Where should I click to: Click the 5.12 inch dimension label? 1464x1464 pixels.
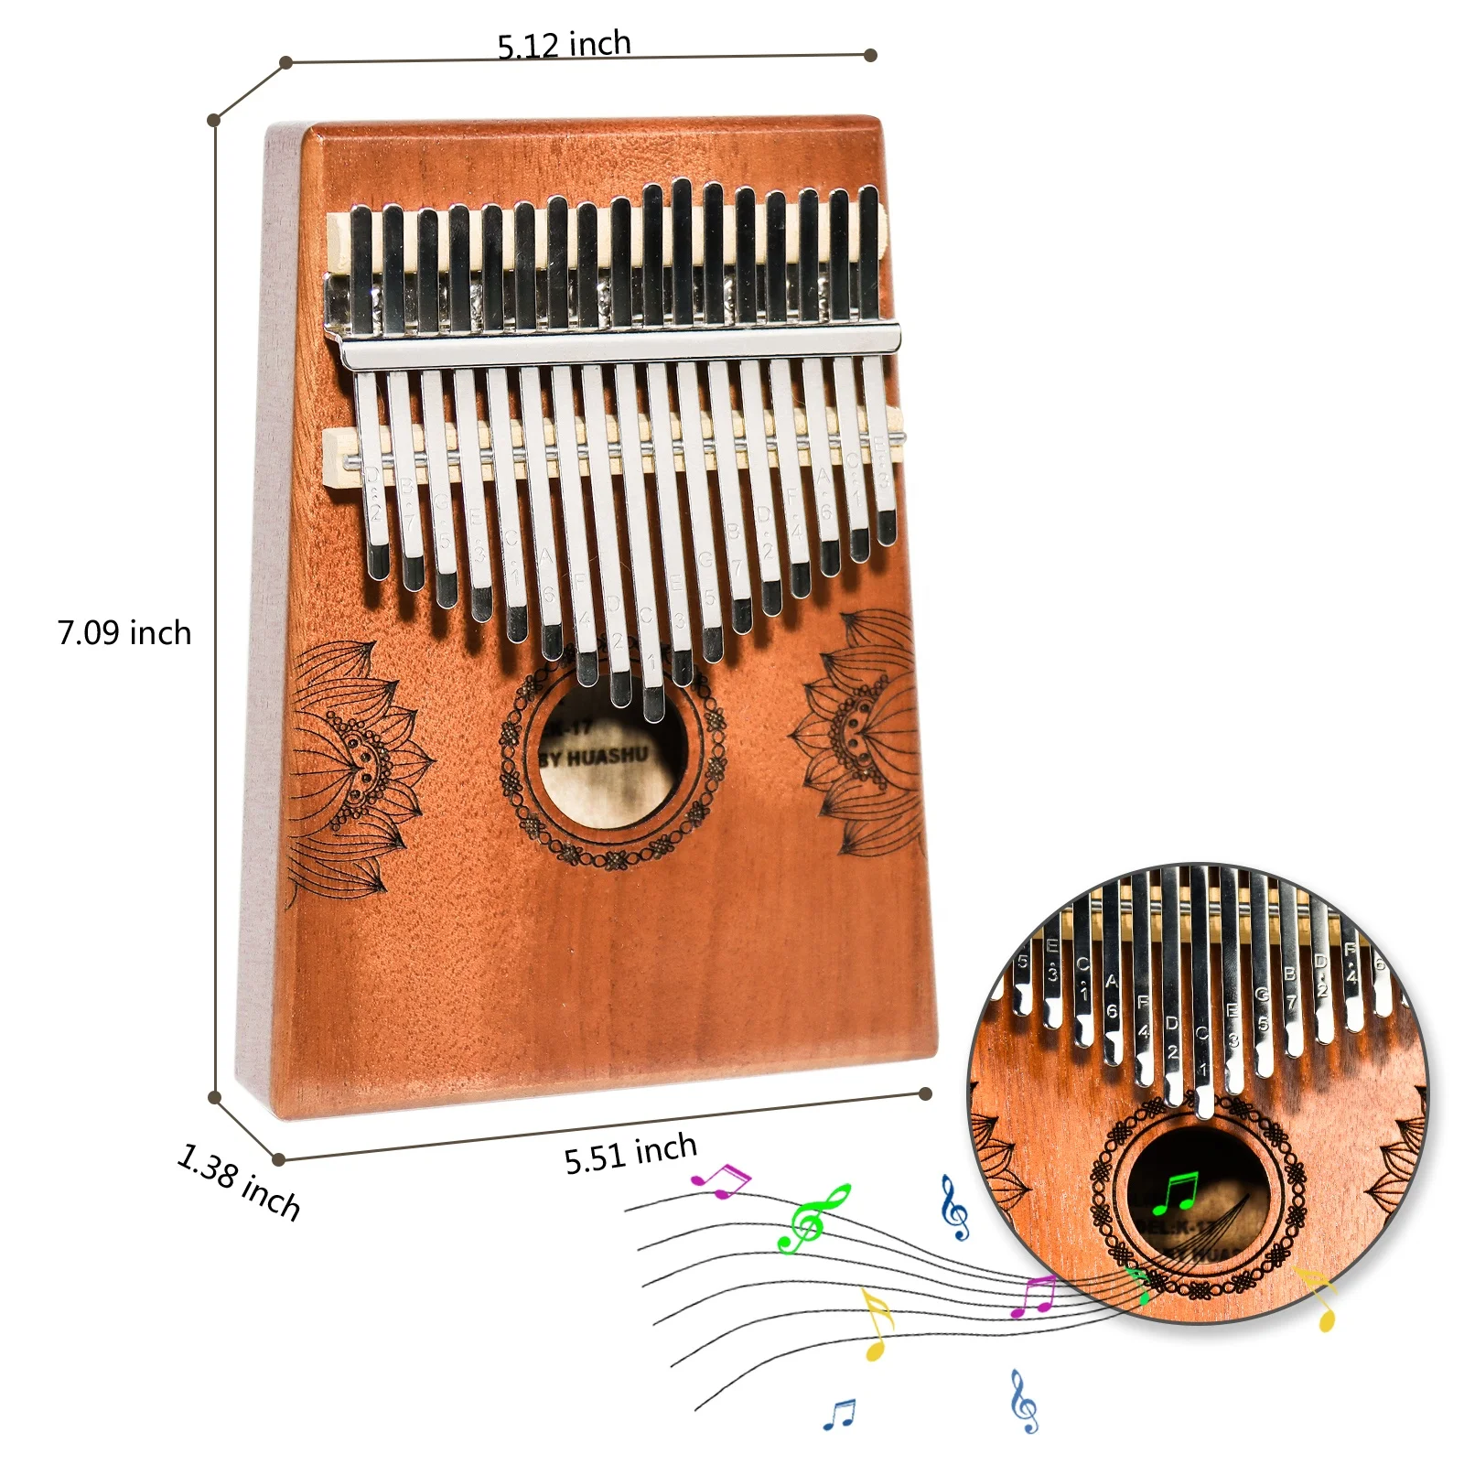[564, 44]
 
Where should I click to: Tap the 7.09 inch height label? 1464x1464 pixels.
[124, 633]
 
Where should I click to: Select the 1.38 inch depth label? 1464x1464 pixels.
[239, 1181]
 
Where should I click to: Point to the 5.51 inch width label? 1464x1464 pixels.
[630, 1153]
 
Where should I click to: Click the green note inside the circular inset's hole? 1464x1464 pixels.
[1175, 1192]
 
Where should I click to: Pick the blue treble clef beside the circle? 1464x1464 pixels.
[954, 1209]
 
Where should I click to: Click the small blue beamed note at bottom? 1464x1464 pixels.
[839, 1415]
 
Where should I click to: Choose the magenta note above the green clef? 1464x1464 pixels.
[720, 1180]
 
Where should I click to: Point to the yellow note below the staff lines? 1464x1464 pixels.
[877, 1323]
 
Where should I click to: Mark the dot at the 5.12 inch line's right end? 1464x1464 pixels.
[870, 55]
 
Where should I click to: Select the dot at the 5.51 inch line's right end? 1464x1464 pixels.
[925, 1093]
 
